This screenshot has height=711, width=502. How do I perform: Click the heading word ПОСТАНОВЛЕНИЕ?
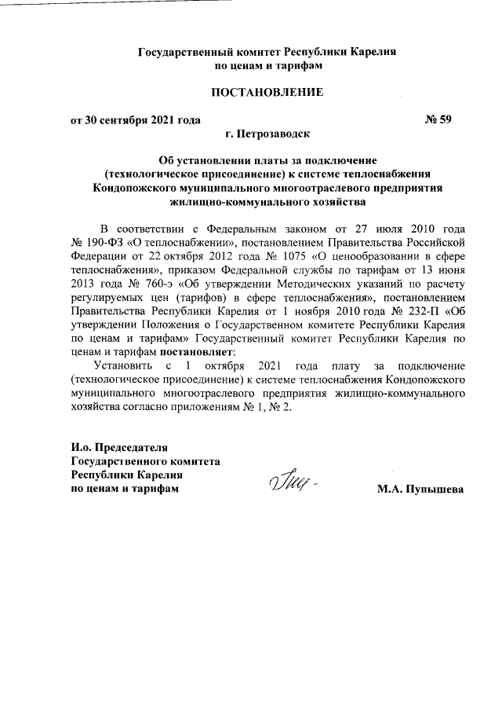click(x=267, y=93)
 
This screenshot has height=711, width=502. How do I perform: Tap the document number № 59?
click(x=438, y=120)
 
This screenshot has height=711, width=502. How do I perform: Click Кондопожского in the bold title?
click(x=141, y=189)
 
